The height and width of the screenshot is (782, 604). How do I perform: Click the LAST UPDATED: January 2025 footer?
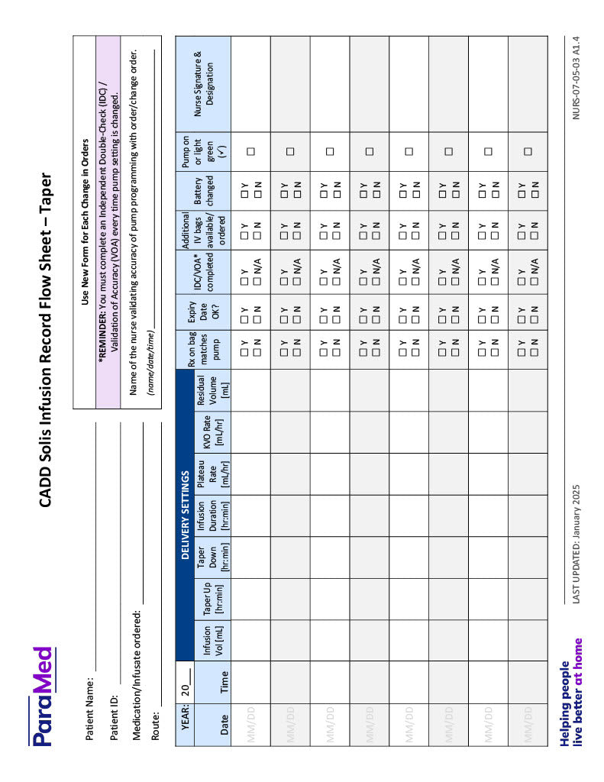tap(577, 546)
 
